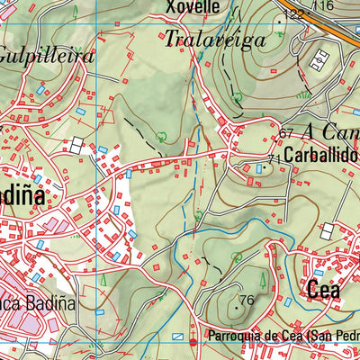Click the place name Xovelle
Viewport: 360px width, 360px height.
[x=193, y=7]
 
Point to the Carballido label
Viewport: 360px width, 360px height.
[x=322, y=154]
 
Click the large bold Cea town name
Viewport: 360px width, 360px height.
[x=324, y=290]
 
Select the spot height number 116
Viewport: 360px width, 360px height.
[x=324, y=6]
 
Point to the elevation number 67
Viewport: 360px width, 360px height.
[x=286, y=133]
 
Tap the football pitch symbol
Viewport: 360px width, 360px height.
[x=319, y=61]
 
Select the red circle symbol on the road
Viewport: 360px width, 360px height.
[x=193, y=342]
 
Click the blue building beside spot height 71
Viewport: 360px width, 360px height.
[x=262, y=168]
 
